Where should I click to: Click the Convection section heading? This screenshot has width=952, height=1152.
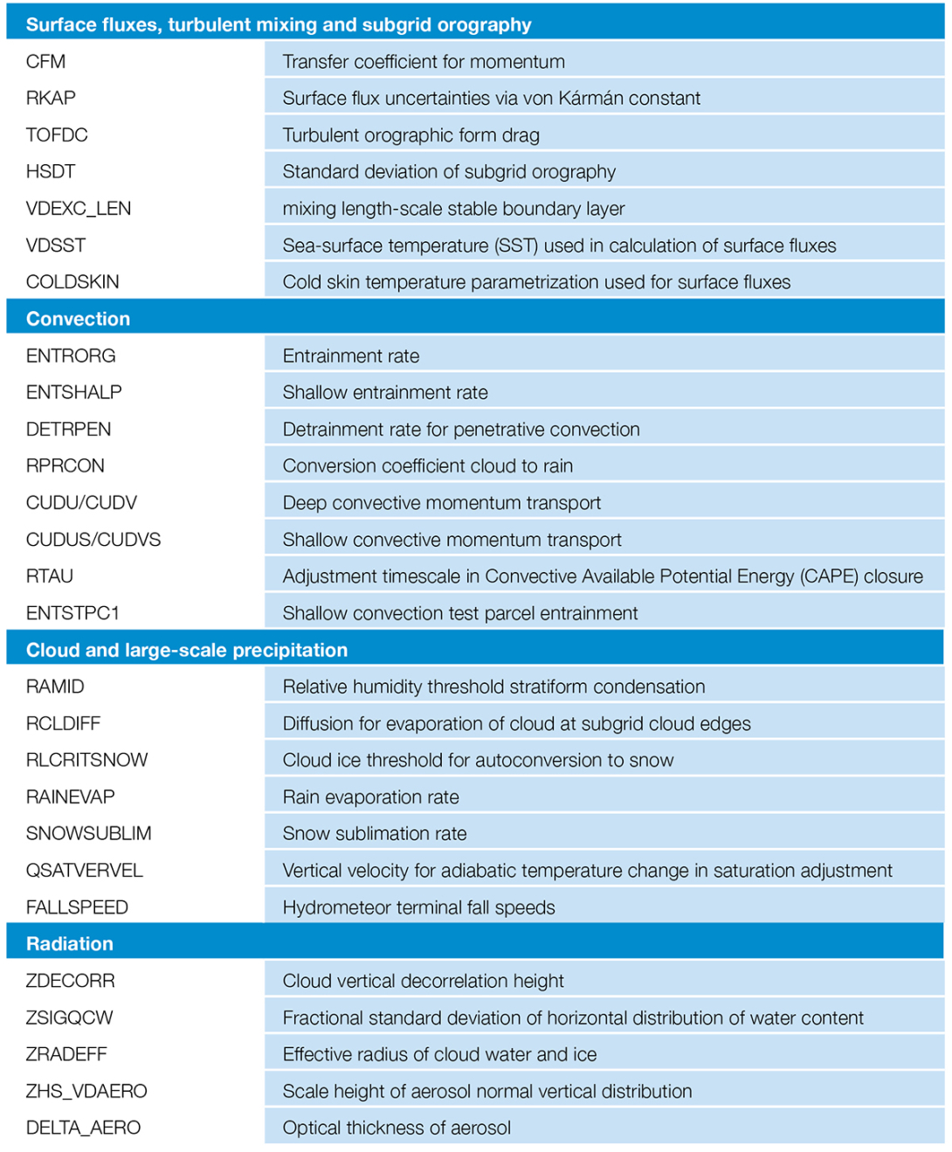tap(78, 319)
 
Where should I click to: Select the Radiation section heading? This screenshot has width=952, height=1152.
tap(70, 943)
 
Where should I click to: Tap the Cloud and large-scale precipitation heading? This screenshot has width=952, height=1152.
tap(187, 650)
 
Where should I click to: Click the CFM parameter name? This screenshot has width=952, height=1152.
tap(45, 61)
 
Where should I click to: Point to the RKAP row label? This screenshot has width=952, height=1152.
tap(51, 98)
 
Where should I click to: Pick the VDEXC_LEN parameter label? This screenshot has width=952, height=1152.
tap(79, 209)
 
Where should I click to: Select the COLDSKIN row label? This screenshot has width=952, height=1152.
tap(72, 282)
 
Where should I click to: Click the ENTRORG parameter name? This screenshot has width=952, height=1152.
tap(71, 355)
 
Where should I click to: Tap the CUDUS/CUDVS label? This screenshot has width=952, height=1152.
tap(93, 540)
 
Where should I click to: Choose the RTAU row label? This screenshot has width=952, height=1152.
tap(50, 576)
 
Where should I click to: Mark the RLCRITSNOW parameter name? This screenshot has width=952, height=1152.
tap(87, 760)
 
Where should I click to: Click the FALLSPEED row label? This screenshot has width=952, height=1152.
tap(77, 907)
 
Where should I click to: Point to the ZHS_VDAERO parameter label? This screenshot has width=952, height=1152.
tap(86, 1091)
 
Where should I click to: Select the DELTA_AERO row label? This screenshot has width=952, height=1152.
tap(83, 1128)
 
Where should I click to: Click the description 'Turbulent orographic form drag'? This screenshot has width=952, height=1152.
tap(410, 135)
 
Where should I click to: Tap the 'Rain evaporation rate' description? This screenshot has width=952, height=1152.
tap(370, 797)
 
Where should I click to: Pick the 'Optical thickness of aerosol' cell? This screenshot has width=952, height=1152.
tap(397, 1128)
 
